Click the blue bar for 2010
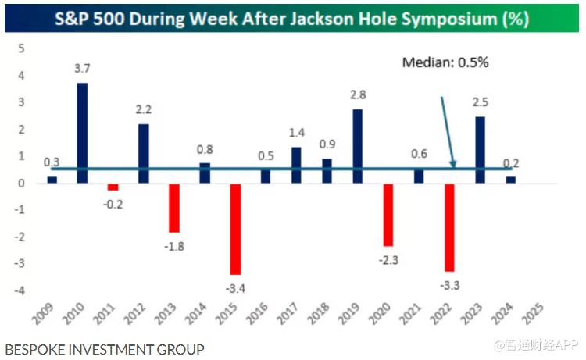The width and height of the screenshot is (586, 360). click(82, 133)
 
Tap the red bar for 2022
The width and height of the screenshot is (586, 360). click(449, 227)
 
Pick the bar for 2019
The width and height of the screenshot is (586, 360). click(358, 146)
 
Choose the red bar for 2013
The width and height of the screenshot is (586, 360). click(173, 208)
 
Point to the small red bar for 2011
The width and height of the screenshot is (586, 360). click(113, 187)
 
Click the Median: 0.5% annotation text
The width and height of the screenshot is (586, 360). click(445, 62)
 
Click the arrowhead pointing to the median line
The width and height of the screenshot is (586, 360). click(454, 165)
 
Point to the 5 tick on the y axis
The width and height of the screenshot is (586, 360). click(22, 48)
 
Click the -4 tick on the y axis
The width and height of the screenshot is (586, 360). click(20, 290)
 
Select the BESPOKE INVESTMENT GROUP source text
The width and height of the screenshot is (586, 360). click(104, 349)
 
